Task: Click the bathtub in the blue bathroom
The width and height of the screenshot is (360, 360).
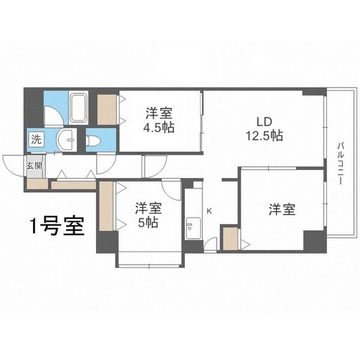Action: coord(79,109)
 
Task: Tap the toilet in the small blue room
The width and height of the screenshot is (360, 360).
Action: coord(93,141)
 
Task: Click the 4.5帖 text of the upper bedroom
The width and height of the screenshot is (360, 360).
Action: coord(158,127)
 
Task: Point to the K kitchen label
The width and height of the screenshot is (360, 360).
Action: coord(209,211)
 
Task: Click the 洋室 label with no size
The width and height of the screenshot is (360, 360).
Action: coord(282,210)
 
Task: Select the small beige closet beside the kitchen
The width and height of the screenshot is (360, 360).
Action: coord(229,239)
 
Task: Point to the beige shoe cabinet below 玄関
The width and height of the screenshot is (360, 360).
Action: coord(35,184)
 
